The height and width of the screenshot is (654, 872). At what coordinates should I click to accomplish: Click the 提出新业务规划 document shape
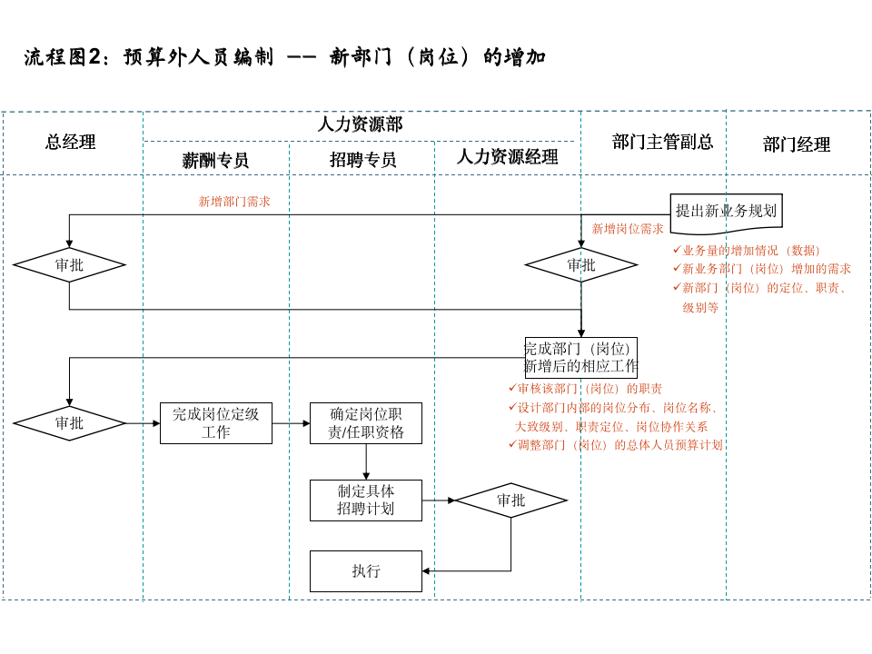(726, 212)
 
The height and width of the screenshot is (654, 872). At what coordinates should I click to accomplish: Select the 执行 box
(366, 571)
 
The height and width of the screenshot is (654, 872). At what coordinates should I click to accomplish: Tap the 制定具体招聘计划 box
(366, 500)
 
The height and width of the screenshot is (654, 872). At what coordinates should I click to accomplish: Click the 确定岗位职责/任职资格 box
(366, 423)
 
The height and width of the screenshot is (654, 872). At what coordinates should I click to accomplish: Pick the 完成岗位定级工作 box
(216, 423)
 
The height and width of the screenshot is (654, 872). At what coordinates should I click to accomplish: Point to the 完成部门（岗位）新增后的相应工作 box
(581, 358)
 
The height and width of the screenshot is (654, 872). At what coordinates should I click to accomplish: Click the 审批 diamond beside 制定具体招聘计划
(510, 500)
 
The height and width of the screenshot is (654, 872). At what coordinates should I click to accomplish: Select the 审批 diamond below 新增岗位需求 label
(581, 265)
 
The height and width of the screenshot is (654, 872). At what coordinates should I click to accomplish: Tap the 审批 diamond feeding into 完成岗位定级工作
(69, 423)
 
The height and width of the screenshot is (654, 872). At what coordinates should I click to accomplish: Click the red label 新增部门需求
(234, 202)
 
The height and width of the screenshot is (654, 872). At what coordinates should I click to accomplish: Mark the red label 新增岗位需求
(628, 229)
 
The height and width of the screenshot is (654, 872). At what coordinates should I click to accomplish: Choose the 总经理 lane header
(71, 142)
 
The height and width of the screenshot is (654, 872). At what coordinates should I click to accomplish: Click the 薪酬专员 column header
(215, 160)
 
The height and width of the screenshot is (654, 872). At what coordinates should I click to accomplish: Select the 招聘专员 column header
(362, 160)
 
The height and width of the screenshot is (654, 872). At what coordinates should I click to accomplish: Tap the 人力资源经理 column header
(507, 157)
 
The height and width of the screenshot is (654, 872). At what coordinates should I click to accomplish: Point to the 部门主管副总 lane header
(662, 142)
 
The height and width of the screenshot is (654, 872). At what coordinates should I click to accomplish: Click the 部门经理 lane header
(797, 144)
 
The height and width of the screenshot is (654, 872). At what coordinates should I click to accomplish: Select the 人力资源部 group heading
(360, 124)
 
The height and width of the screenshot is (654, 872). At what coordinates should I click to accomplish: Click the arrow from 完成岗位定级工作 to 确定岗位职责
(291, 423)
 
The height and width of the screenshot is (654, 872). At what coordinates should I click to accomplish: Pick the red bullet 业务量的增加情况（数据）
(750, 250)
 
